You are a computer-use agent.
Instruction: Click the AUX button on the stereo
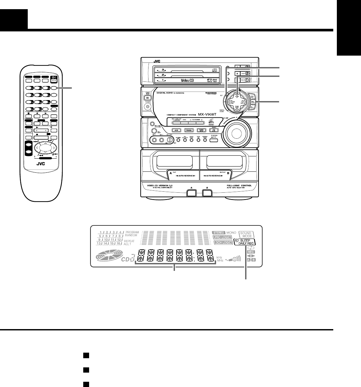[176, 130]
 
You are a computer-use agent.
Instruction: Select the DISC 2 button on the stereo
[245, 74]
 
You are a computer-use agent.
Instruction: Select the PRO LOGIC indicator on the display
[223, 237]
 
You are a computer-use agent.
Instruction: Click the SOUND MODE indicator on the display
[246, 234]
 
